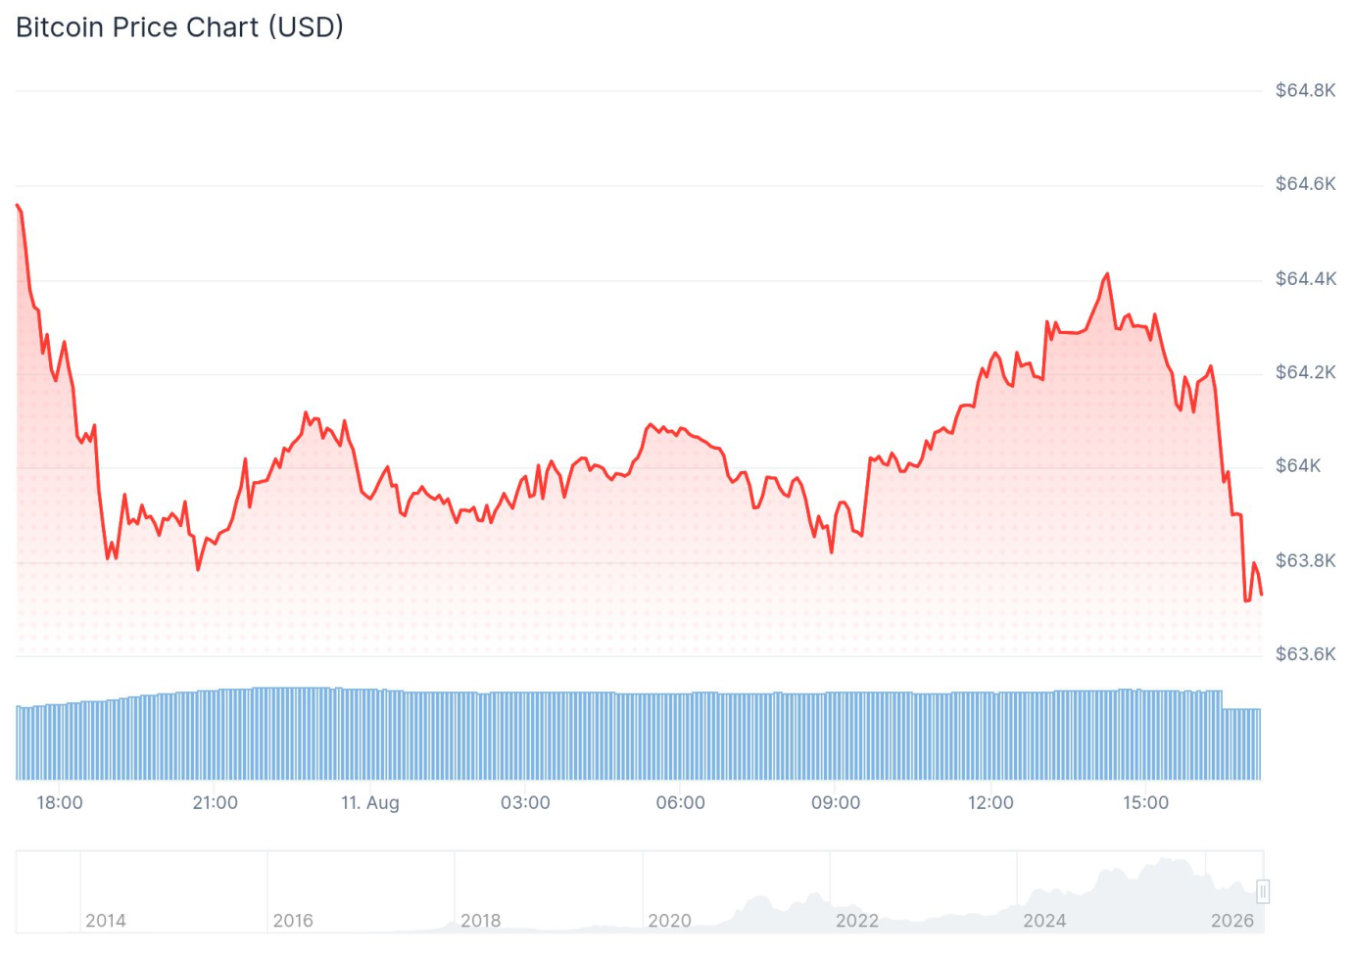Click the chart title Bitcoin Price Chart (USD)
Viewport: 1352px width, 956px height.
pyautogui.click(x=179, y=27)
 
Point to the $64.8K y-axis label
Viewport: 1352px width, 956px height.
pyautogui.click(x=1305, y=90)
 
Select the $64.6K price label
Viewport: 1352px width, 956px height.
pyautogui.click(x=1305, y=184)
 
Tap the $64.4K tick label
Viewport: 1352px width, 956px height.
pyautogui.click(x=1305, y=279)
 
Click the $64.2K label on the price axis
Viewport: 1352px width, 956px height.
pyautogui.click(x=1305, y=372)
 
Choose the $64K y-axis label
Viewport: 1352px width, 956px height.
pyautogui.click(x=1298, y=466)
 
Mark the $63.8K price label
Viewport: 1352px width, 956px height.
pyautogui.click(x=1305, y=560)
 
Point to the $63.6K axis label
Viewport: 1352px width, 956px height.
pyautogui.click(x=1305, y=654)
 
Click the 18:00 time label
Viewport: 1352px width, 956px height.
pyautogui.click(x=59, y=802)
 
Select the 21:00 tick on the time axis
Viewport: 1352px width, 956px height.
pyautogui.click(x=215, y=802)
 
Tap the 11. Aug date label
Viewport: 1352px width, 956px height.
pyautogui.click(x=370, y=803)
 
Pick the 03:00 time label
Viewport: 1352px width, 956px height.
pyautogui.click(x=525, y=802)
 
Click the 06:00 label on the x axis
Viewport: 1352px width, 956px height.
pyautogui.click(x=680, y=802)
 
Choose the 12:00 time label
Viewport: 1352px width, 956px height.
pyautogui.click(x=990, y=802)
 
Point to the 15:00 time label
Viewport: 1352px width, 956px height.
pyautogui.click(x=1145, y=802)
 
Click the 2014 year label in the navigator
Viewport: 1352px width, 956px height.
pyautogui.click(x=106, y=921)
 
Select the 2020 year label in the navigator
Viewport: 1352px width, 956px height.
pyautogui.click(x=669, y=921)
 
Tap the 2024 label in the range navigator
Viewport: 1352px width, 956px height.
pyautogui.click(x=1044, y=921)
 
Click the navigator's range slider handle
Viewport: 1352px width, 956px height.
pyautogui.click(x=1263, y=891)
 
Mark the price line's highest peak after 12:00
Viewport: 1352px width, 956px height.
pyautogui.click(x=1107, y=274)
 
